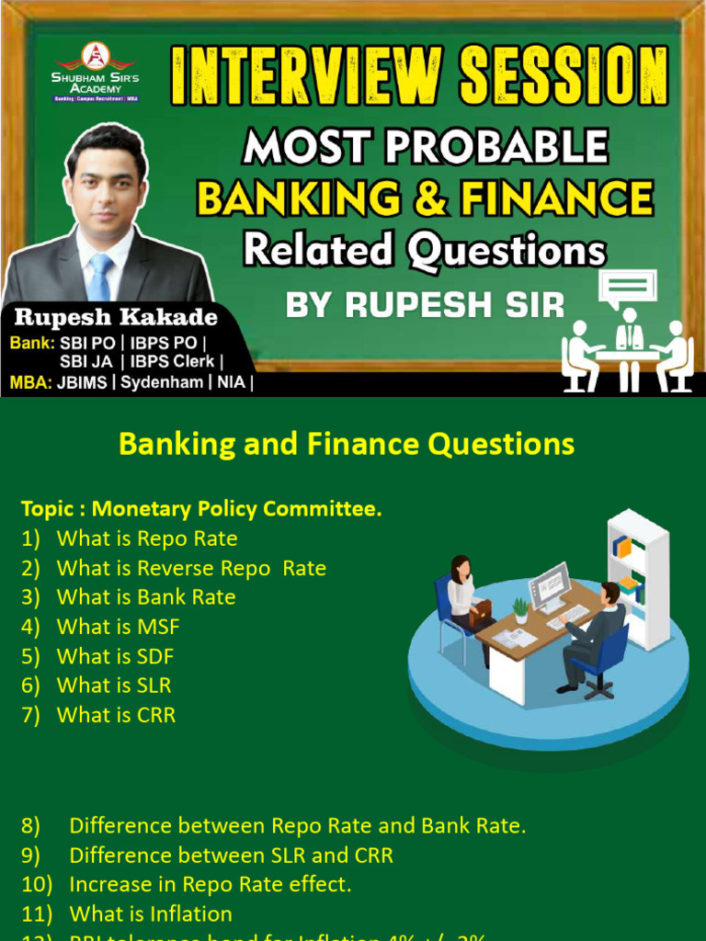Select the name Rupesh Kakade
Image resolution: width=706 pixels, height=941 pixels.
pyautogui.click(x=116, y=318)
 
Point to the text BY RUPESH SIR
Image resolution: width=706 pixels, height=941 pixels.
pyautogui.click(x=425, y=305)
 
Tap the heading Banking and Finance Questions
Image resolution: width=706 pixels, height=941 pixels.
pyautogui.click(x=346, y=445)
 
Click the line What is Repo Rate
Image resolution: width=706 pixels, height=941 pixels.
pyautogui.click(x=146, y=539)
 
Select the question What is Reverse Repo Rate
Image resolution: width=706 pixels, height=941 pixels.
pyautogui.click(x=190, y=568)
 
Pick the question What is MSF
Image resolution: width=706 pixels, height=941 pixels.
pyautogui.click(x=118, y=627)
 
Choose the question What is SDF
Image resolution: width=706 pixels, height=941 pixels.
pyautogui.click(x=115, y=656)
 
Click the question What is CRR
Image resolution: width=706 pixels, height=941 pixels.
pyautogui.click(x=116, y=715)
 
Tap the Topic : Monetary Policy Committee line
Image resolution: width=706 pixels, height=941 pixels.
pyautogui.click(x=201, y=509)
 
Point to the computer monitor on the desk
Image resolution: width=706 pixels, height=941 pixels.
pyautogui.click(x=549, y=585)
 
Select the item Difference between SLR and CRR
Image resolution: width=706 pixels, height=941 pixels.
pyautogui.click(x=231, y=855)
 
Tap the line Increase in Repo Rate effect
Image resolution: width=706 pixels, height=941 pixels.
pyautogui.click(x=210, y=884)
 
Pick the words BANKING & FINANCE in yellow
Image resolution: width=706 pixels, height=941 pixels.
pyautogui.click(x=426, y=198)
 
